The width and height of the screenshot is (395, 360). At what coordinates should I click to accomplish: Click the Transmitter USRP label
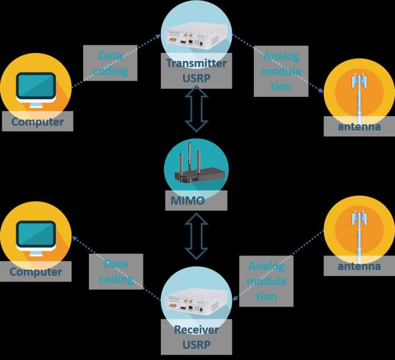point(196,70)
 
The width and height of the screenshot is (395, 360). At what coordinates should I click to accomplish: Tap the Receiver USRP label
point(196,337)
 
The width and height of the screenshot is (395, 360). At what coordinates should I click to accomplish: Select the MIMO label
point(195,201)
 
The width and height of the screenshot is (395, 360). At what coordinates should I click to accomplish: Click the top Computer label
point(37,122)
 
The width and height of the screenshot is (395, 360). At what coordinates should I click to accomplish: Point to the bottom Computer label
point(35,271)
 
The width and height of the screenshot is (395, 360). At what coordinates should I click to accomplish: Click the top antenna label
point(359,126)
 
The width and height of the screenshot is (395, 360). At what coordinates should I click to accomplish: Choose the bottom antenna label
point(359,267)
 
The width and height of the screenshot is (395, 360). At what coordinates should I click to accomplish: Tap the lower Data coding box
point(116,271)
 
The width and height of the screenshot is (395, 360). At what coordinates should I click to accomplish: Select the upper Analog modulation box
point(281,71)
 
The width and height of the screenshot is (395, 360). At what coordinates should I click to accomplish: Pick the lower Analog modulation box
point(267,281)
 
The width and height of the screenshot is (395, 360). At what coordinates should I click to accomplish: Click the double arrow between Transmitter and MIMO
point(196,112)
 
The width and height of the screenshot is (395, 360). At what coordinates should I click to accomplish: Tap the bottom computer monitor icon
point(36,237)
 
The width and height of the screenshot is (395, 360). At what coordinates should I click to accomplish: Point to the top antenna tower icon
point(359,93)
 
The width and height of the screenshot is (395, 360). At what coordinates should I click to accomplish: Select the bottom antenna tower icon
point(359,232)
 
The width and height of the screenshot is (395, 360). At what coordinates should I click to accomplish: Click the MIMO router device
point(196,172)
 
